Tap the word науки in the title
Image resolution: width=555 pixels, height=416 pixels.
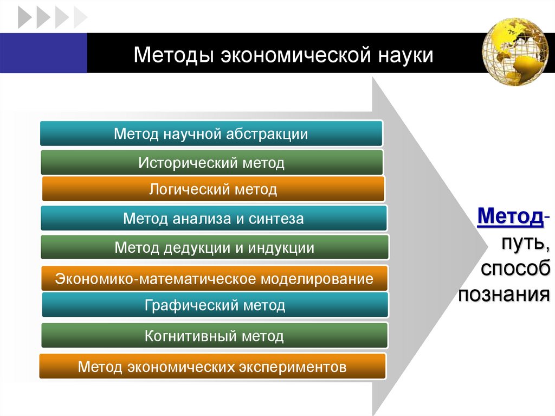pyautogui.click(x=403, y=55)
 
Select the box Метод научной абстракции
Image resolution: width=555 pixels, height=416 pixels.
pyautogui.click(x=211, y=134)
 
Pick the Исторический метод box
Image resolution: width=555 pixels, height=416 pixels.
pyautogui.click(x=211, y=162)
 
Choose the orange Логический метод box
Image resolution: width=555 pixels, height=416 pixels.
pyautogui.click(x=213, y=189)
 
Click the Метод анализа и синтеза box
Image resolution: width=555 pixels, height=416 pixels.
pyautogui.click(x=214, y=219)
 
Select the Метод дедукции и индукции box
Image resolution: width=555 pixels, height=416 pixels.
pyautogui.click(x=214, y=248)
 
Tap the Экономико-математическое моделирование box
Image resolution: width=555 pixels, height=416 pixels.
pyautogui.click(x=214, y=279)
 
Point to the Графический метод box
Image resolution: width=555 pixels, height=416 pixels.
pyautogui.click(x=215, y=305)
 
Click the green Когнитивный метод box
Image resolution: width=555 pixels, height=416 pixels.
pyautogui.click(x=214, y=336)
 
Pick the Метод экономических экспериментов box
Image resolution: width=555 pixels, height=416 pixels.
pyautogui.click(x=212, y=367)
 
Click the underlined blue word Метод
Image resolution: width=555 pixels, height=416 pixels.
pyautogui.click(x=510, y=217)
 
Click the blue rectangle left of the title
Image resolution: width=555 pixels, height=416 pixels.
pyautogui.click(x=43, y=53)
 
